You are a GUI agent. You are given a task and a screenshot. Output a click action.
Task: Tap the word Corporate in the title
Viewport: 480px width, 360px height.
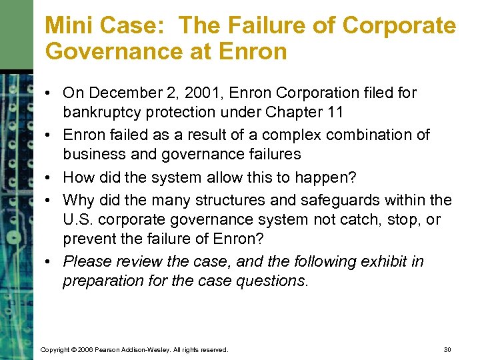click(x=399, y=25)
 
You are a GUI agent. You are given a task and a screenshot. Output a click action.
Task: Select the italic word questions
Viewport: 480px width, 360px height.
click(x=272, y=281)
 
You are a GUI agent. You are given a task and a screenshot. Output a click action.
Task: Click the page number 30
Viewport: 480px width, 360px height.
click(x=447, y=349)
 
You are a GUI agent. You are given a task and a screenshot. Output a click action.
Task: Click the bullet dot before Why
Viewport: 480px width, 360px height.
click(x=50, y=200)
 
